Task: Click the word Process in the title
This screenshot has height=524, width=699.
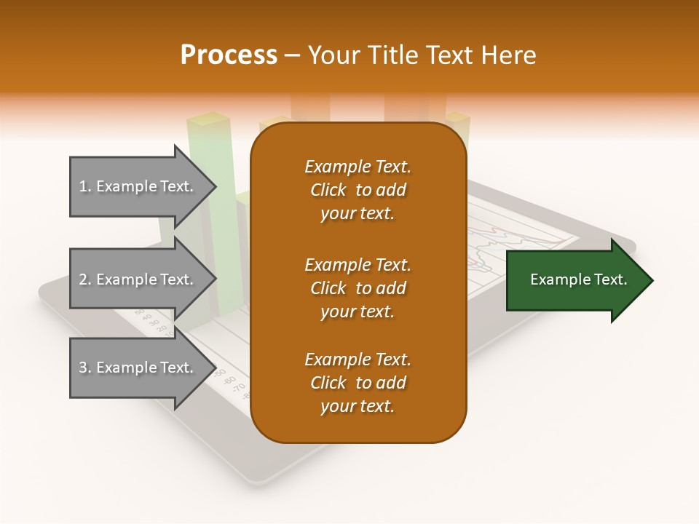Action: pos(229,55)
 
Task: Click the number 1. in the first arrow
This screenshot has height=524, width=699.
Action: pos(85,186)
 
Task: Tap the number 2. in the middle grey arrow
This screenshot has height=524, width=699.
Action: pos(85,279)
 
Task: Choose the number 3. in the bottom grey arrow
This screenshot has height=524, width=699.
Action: pos(85,368)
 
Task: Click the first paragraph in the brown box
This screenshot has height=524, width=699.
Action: pos(358,190)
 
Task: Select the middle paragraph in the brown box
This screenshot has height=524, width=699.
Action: pos(358,288)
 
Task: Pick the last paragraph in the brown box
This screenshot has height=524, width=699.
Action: pos(358,383)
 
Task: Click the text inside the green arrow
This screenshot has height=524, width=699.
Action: pos(579,279)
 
